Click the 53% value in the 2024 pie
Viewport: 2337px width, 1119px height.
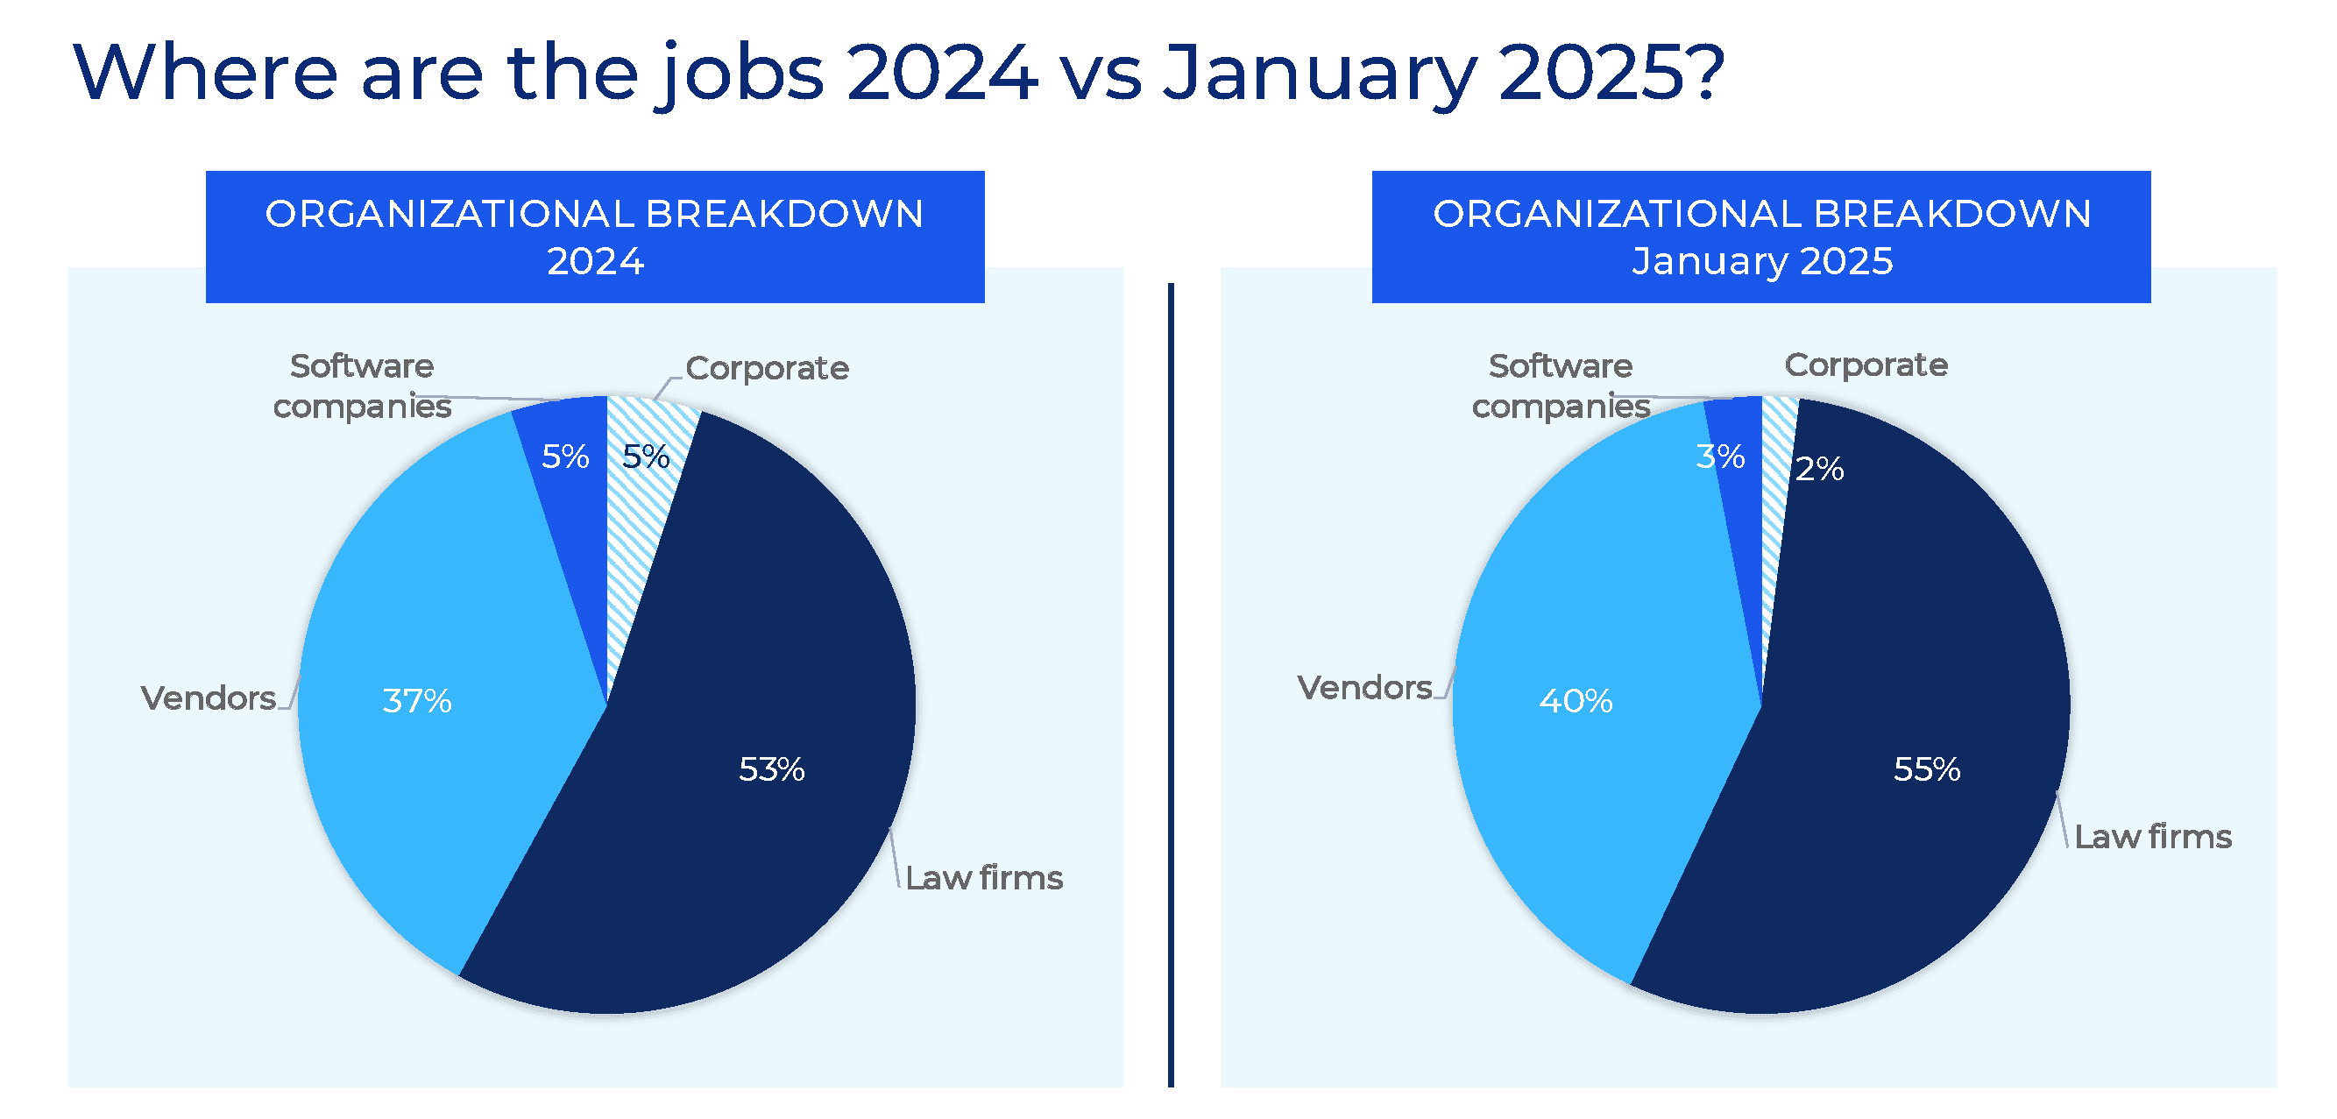771,769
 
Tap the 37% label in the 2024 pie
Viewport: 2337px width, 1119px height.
416,701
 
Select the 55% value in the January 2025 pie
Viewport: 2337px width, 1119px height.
1926,769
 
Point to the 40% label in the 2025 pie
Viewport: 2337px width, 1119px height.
1575,701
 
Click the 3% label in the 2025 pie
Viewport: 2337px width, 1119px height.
1719,456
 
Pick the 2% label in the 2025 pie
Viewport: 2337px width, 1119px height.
1818,468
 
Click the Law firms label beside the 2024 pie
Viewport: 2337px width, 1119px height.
983,878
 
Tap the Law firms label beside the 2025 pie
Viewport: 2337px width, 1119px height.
2152,837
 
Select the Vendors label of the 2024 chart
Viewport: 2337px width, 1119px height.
208,698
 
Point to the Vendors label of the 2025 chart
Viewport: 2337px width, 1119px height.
1363,688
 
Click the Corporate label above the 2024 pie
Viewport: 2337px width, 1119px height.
767,367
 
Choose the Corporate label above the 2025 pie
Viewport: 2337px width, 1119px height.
1866,365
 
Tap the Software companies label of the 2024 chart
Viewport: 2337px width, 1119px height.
362,386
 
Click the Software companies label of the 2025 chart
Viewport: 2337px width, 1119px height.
1561,386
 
